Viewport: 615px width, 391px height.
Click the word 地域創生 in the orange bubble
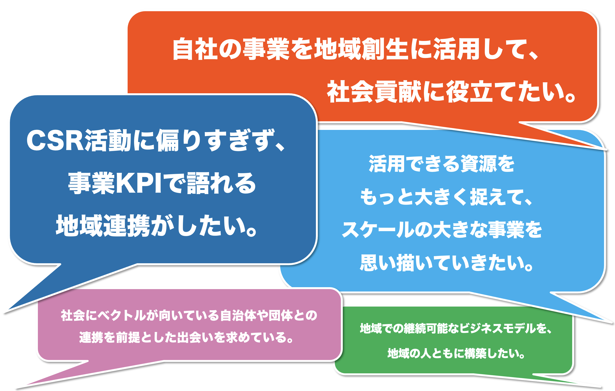coord(361,49)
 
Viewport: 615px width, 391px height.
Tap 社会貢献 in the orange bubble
coord(374,91)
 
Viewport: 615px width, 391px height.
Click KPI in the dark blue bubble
coord(139,183)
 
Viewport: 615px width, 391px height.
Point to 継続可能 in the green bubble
coord(426,328)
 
